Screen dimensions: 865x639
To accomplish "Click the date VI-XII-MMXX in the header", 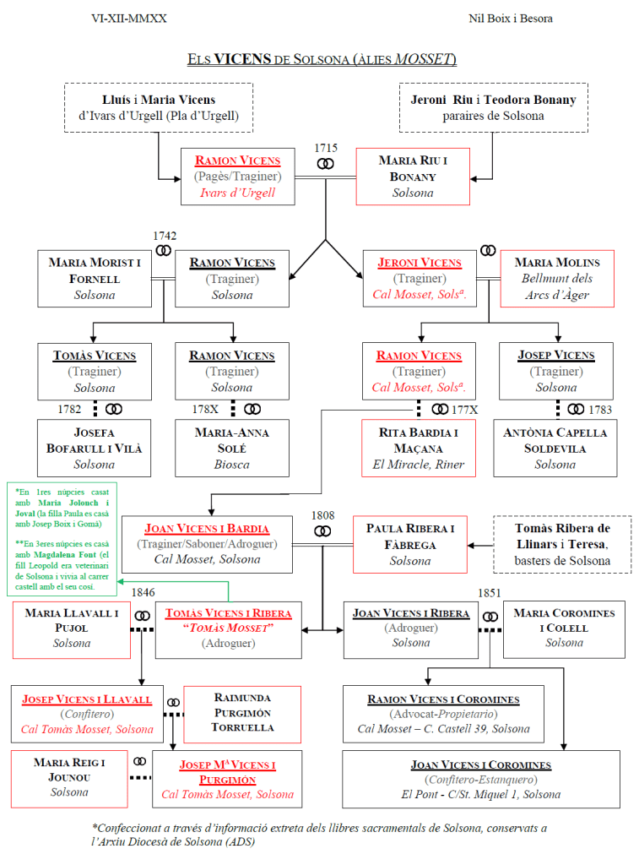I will (x=128, y=18).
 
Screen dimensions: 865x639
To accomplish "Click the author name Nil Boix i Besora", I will (x=511, y=18).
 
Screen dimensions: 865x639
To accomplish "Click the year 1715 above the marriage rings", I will (x=326, y=148).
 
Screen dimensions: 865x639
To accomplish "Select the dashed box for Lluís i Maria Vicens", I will (x=159, y=107).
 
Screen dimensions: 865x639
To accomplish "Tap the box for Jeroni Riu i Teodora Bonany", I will (x=493, y=107).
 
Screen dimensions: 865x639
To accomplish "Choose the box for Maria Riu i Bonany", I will (x=412, y=177).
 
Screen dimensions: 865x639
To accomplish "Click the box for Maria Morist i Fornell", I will (x=94, y=279).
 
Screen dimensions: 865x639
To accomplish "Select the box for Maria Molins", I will (x=557, y=279).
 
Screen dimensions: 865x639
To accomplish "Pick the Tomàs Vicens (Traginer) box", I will (x=94, y=371).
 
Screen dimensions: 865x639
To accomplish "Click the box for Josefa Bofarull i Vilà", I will (x=94, y=448).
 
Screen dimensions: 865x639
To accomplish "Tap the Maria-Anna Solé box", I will (x=231, y=448).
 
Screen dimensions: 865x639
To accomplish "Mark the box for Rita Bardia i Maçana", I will (x=419, y=448).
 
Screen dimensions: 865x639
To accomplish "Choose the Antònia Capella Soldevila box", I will (x=555, y=448).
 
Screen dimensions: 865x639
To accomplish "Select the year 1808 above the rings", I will (x=322, y=514).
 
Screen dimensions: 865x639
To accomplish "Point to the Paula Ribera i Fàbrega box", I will (x=410, y=545).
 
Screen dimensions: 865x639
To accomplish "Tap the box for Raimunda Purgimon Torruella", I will (x=243, y=713).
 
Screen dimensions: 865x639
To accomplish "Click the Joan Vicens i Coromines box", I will (x=480, y=779).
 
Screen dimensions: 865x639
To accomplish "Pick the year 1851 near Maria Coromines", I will (x=490, y=593).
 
